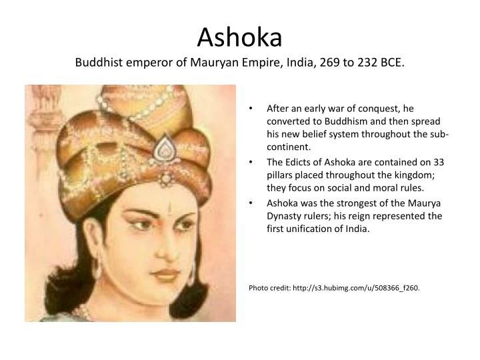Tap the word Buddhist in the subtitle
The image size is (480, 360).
click(98, 63)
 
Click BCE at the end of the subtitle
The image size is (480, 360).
click(391, 63)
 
